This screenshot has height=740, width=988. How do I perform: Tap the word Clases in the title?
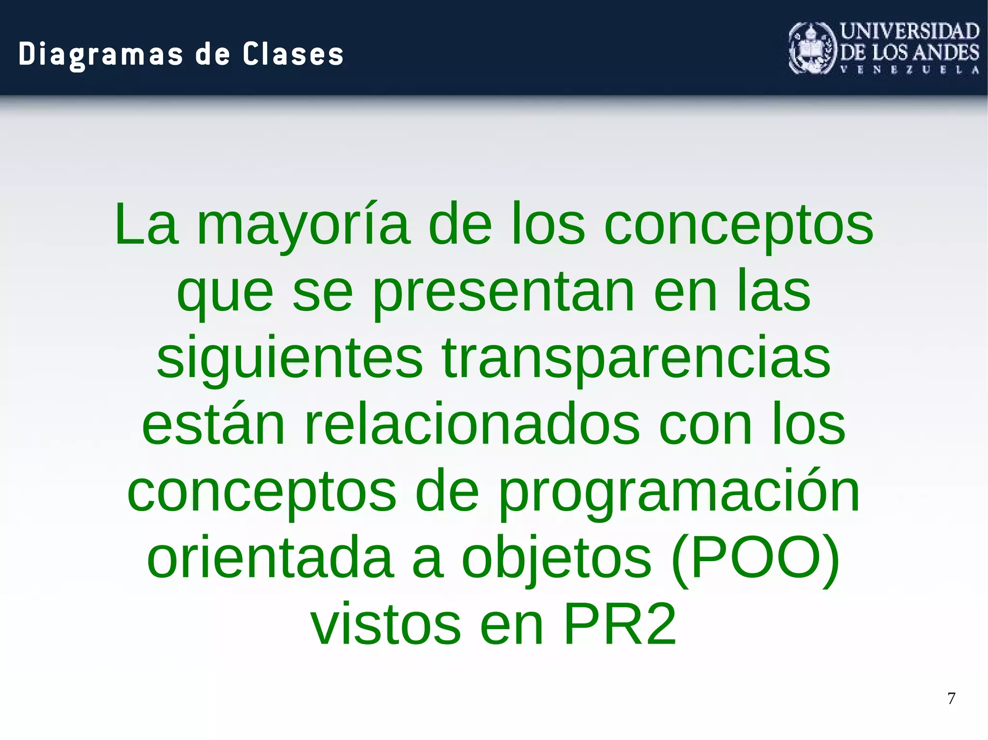tap(293, 54)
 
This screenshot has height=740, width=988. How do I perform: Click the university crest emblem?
tap(812, 48)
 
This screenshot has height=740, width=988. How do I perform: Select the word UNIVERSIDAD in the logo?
tap(910, 31)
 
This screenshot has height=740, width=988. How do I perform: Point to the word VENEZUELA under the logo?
tap(910, 70)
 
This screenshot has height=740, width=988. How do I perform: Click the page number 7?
tap(951, 699)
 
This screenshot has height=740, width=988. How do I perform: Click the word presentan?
tap(504, 292)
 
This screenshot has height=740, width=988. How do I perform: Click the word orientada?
tap(270, 558)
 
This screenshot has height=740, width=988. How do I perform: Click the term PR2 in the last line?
tap(619, 625)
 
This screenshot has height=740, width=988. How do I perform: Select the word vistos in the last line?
tap(386, 625)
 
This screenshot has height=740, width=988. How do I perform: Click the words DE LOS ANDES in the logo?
tap(910, 52)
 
